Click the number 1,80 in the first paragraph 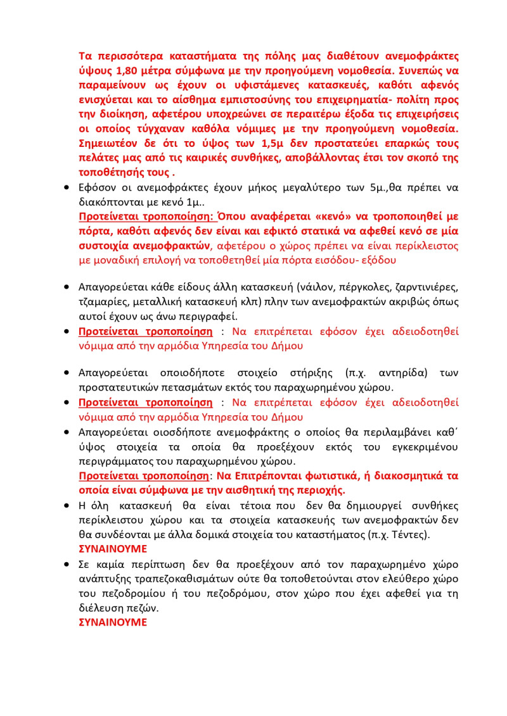pos(127,70)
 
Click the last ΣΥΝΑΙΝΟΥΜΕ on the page pos(112,622)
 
